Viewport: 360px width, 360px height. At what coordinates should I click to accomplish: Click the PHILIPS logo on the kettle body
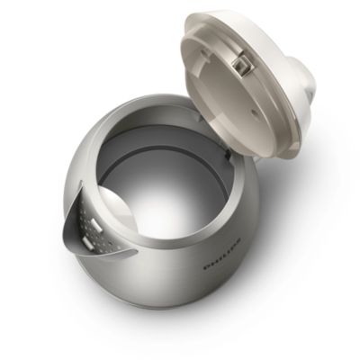click(x=222, y=254)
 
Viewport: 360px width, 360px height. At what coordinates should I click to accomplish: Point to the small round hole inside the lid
click(x=255, y=112)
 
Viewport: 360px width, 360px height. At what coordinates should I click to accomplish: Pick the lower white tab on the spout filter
click(x=87, y=242)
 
